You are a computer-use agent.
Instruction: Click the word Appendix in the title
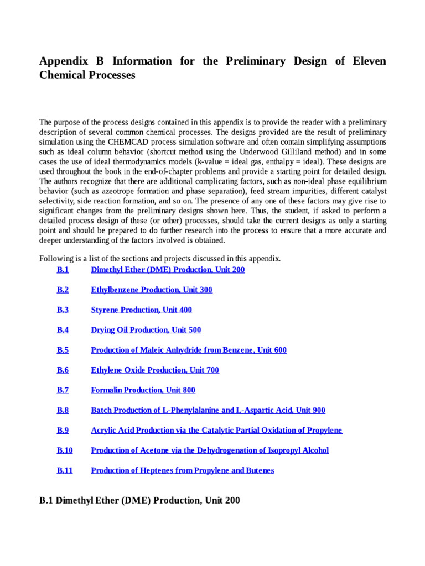[x=63, y=61]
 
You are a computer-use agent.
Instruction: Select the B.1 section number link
[x=62, y=270]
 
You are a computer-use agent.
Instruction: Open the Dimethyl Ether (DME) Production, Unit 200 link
[x=168, y=270]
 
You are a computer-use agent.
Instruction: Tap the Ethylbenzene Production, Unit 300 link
[x=151, y=290]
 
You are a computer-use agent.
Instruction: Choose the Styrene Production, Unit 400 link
[x=141, y=310]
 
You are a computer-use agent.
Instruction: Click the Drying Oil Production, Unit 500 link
[x=146, y=330]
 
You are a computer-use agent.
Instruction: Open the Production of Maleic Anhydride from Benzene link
[x=188, y=350]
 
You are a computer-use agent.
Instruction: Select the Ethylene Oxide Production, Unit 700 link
[x=154, y=370]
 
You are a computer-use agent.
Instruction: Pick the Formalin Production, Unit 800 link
[x=143, y=390]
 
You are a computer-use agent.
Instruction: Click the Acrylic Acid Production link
[x=216, y=430]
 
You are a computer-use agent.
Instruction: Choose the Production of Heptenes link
[x=182, y=470]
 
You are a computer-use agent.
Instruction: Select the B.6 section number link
[x=62, y=370]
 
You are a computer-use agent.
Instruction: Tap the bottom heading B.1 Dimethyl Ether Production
[x=139, y=501]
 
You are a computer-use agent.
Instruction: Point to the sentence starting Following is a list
[x=160, y=258]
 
